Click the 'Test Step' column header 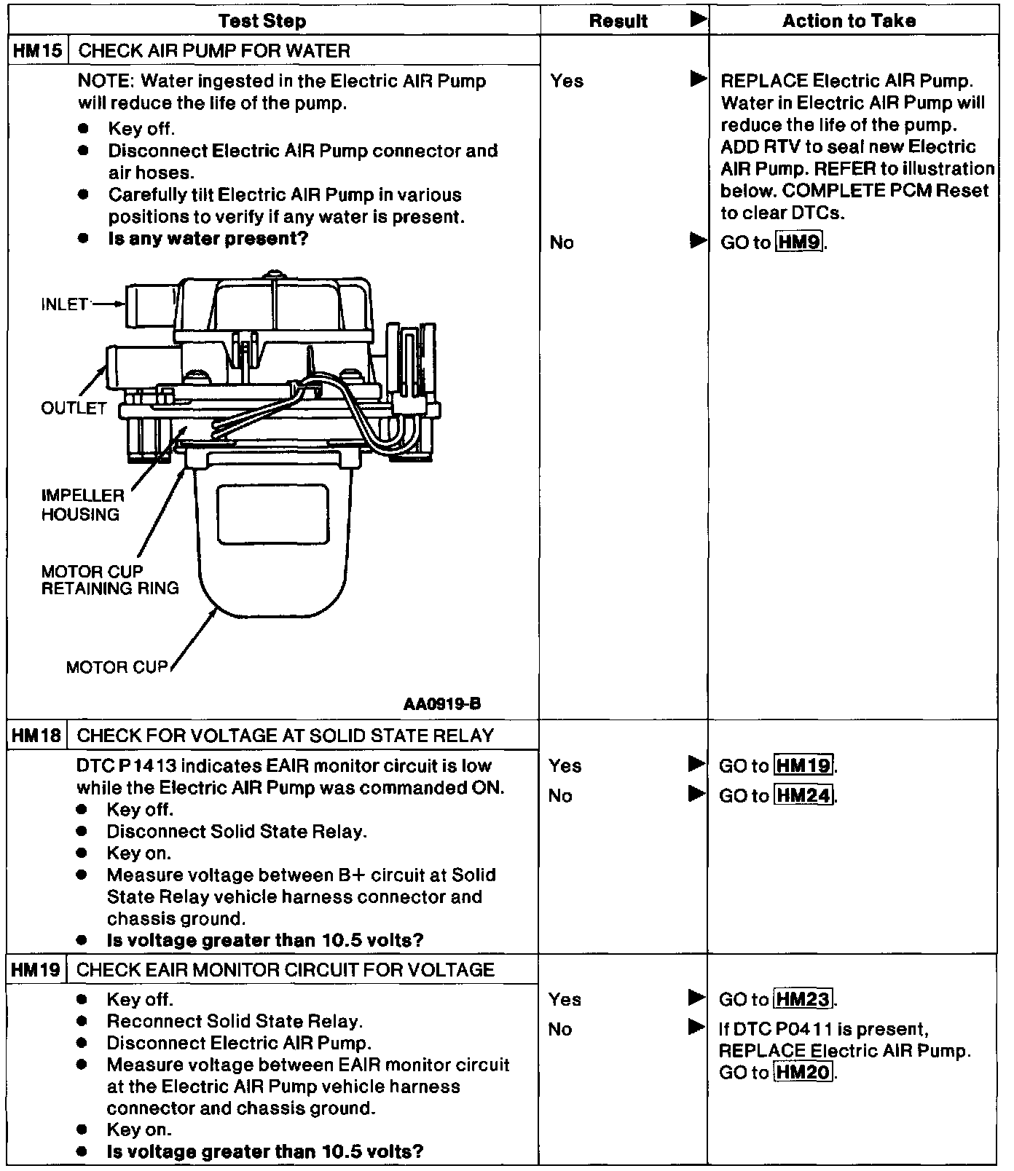pos(262,20)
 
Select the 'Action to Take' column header pos(849,20)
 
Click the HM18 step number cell pos(36,736)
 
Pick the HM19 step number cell pos(36,970)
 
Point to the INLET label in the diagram pos(65,304)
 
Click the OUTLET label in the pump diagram pos(74,408)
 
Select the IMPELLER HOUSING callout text pos(82,505)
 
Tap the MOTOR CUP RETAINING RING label pos(109,580)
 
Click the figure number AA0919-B pos(441,704)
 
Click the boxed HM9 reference pos(799,243)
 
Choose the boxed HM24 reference pos(803,796)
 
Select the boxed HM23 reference pos(803,1000)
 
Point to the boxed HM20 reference pos(803,1073)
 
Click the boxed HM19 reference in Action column pos(803,766)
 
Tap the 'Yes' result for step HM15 pos(567,81)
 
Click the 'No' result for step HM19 pos(560,1030)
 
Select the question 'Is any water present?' pos(208,239)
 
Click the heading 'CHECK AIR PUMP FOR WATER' pos(213,51)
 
